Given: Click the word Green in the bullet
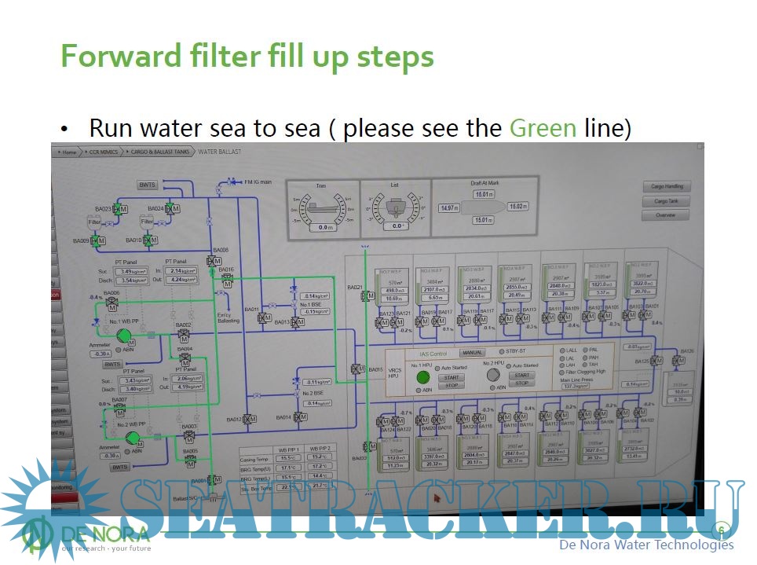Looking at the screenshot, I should tap(543, 128).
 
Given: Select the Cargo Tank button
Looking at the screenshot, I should tap(666, 201).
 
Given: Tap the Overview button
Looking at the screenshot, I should tap(666, 215).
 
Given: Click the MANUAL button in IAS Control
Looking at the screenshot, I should tap(472, 353).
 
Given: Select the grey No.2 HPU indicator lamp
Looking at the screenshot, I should tap(493, 376).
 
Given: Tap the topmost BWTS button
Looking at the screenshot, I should tap(148, 185).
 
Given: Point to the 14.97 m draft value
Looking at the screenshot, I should tap(449, 208).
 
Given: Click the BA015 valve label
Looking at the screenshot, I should tap(375, 369).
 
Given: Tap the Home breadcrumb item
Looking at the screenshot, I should tap(69, 151).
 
